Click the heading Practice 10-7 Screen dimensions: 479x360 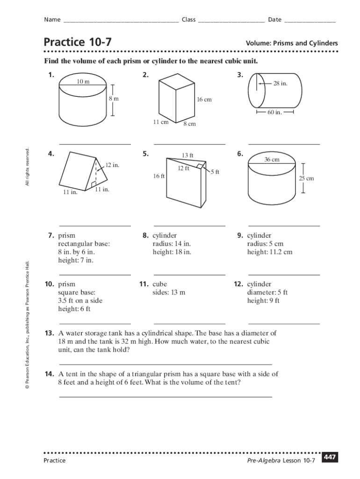tap(78, 43)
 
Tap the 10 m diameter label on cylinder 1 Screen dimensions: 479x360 tap(84, 82)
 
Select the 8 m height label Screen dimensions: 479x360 tap(114, 99)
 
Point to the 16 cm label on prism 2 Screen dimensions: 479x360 tap(204, 100)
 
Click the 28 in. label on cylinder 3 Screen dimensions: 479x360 tap(281, 83)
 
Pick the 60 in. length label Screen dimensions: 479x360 tap(274, 112)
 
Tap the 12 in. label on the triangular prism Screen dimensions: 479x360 tap(112, 165)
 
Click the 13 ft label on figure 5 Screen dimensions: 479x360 tap(187, 155)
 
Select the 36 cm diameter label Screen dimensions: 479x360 tap(272, 160)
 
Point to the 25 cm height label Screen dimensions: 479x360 tap(307, 178)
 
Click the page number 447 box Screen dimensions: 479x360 tap(330, 457)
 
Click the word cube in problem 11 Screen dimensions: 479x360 tap(159, 284)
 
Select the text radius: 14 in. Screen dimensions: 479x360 tap(172, 244)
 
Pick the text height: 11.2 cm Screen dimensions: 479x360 tap(270, 252)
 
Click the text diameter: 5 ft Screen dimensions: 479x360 tap(267, 292)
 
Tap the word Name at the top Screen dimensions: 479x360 tap(52, 20)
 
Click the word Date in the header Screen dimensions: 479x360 tap(274, 20)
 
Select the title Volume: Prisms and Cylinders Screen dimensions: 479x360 tap(292, 44)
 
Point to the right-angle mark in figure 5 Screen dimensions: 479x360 tap(200, 166)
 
